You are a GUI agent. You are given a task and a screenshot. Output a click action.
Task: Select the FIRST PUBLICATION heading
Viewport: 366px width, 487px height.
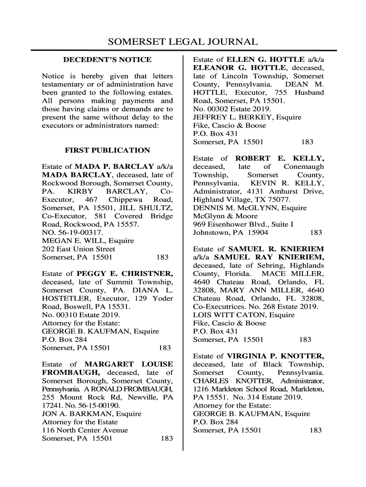107,150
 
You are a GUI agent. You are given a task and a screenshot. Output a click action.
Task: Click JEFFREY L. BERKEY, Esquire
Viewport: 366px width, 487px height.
247,117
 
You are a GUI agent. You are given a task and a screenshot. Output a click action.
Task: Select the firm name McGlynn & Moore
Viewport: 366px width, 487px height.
222,216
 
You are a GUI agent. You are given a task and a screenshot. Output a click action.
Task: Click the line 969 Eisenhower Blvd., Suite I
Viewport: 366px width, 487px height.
243,224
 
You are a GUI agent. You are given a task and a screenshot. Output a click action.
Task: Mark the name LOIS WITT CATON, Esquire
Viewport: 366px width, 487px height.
244,315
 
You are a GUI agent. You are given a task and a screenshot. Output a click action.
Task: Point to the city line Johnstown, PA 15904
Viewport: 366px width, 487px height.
231,233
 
